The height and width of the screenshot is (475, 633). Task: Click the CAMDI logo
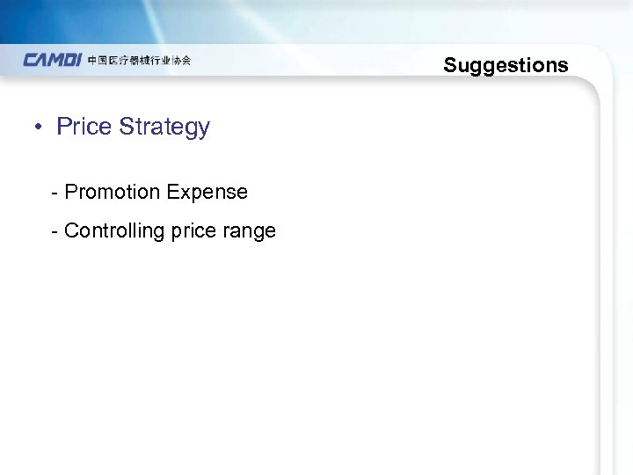point(53,61)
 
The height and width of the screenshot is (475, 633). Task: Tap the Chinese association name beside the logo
point(139,61)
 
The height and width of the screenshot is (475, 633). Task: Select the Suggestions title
point(506,65)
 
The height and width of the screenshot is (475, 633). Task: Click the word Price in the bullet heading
point(84,127)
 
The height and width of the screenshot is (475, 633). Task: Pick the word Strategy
point(164,128)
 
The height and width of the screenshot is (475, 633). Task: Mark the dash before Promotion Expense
point(55,192)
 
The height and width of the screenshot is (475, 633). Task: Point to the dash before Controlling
point(55,230)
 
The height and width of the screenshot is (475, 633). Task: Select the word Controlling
point(109,231)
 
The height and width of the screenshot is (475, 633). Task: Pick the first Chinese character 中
point(93,61)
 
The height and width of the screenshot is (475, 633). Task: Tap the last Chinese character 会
point(186,61)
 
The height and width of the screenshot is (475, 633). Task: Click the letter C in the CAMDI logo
point(31,61)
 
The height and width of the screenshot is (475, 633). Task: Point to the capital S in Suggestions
point(450,65)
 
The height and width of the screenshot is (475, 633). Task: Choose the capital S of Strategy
point(127,127)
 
